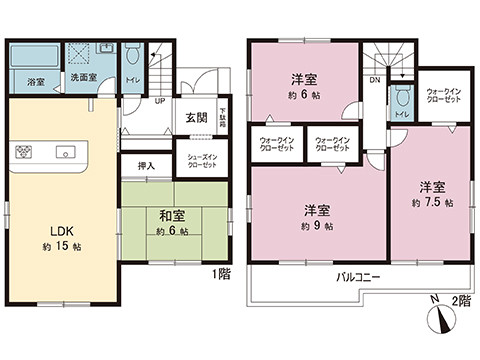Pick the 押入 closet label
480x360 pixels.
tap(146, 166)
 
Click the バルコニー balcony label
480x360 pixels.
tap(359, 276)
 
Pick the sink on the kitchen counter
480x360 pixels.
tap(68, 153)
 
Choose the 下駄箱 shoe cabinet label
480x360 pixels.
tap(223, 116)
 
